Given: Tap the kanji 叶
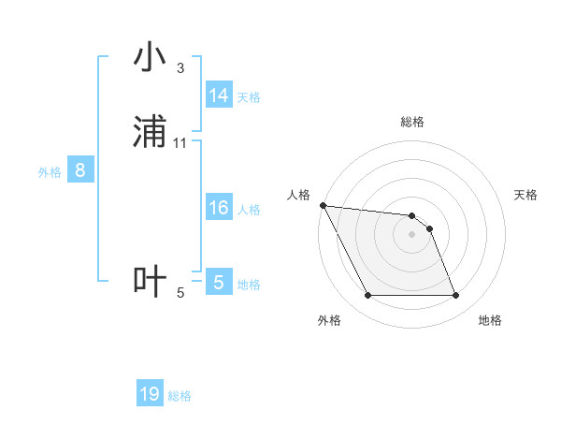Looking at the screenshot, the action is (x=150, y=282).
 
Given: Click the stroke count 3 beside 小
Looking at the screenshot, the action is (x=180, y=68).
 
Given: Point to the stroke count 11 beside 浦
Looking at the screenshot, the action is (x=180, y=143).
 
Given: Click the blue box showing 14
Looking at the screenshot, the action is (x=219, y=95).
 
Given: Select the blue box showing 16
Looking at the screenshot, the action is (x=219, y=208).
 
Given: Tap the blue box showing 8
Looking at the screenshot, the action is (x=80, y=170).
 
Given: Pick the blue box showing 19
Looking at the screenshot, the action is (x=150, y=394).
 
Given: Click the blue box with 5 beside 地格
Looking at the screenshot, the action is (x=219, y=283).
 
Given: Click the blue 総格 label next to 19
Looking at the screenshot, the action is (x=180, y=396).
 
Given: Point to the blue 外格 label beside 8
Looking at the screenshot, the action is (x=50, y=172).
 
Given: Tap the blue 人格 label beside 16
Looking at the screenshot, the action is (x=249, y=210).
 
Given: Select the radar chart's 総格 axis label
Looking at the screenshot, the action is (x=412, y=122).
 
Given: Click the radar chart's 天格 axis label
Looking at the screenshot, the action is (x=525, y=195).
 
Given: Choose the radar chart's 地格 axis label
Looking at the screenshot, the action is (x=490, y=320).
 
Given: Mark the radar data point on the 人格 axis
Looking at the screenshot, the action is (x=323, y=205).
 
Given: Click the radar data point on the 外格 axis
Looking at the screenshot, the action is (x=367, y=296).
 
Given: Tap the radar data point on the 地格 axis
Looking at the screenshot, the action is (x=455, y=296).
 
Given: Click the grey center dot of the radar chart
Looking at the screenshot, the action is (x=411, y=234).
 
